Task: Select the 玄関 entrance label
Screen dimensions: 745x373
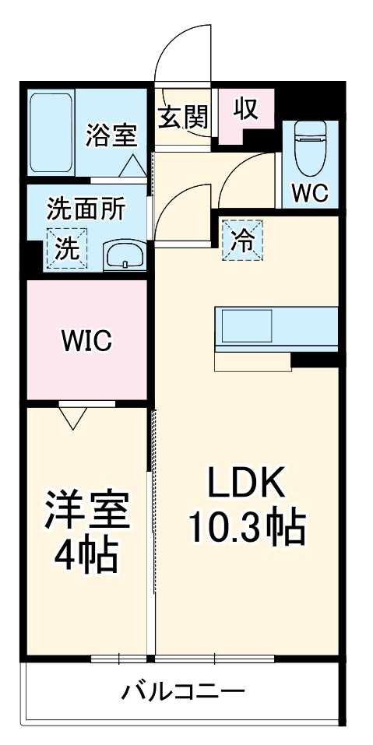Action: (184, 118)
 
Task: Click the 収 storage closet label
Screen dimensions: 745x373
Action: (245, 109)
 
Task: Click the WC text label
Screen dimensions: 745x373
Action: (309, 192)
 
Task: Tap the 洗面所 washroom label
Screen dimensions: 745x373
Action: (86, 209)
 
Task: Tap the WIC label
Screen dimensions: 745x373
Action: (87, 340)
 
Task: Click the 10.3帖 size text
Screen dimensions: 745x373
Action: (247, 529)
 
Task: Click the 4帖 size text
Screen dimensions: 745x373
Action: (86, 554)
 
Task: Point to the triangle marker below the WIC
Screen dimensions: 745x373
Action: (72, 419)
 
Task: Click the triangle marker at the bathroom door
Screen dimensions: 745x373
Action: (132, 164)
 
